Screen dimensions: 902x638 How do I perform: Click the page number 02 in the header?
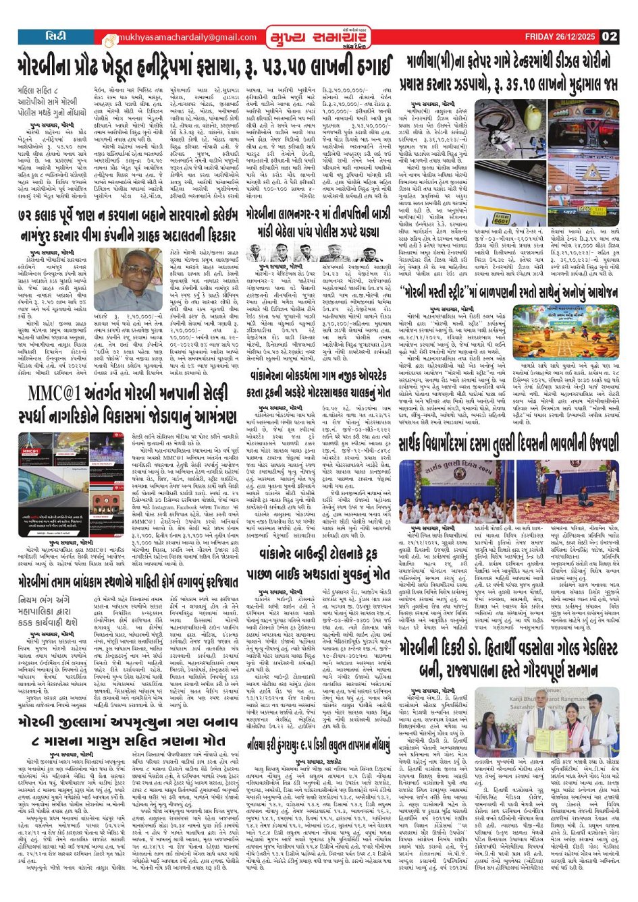pos(610,36)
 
